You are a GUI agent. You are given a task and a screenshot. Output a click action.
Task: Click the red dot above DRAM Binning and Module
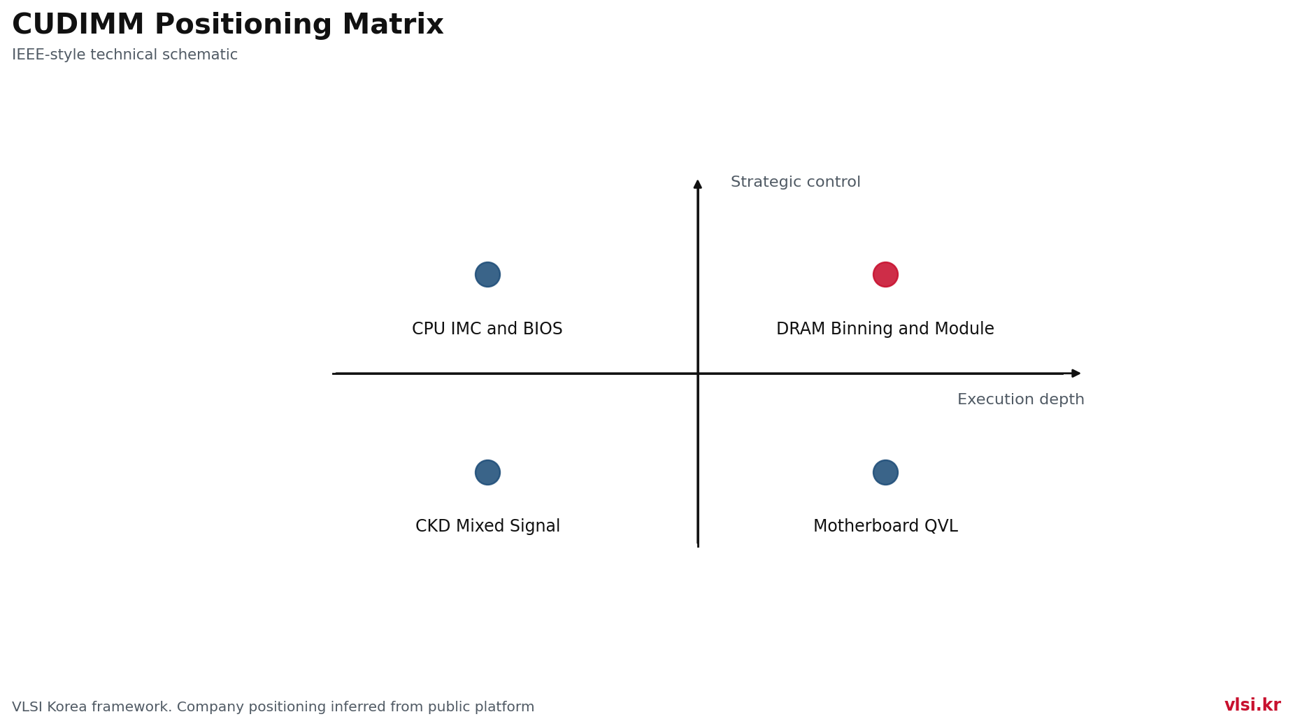point(885,274)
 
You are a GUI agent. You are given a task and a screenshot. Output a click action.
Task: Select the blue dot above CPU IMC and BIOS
point(487,274)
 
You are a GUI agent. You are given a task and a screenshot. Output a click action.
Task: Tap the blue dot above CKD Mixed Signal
point(487,472)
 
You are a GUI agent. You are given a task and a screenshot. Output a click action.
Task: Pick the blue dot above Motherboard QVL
point(885,472)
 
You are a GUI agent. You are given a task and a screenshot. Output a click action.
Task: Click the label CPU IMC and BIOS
point(487,329)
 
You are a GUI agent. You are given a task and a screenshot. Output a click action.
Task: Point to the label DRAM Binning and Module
point(885,329)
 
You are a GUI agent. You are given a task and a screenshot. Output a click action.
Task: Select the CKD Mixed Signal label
point(487,526)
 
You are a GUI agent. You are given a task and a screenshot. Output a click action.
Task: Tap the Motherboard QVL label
point(885,526)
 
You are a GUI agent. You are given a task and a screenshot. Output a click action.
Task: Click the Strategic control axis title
point(796,182)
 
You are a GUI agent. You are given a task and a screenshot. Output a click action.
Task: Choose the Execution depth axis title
point(1021,399)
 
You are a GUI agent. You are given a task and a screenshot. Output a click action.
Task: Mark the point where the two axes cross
point(698,373)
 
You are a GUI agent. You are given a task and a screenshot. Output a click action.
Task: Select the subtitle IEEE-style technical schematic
point(125,55)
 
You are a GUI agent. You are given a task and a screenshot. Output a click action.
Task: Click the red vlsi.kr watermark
point(1252,705)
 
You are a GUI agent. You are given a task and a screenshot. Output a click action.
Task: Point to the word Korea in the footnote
point(69,707)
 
